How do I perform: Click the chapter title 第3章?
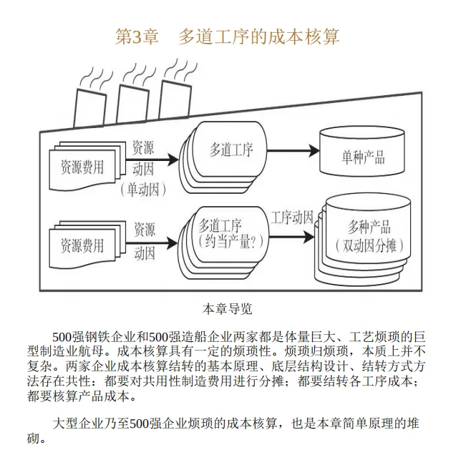tap(137, 36)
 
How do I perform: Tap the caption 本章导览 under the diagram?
tap(227, 309)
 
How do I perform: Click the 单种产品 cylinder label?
tap(363, 157)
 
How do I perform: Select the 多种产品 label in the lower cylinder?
tap(369, 227)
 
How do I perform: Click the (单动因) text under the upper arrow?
tap(143, 190)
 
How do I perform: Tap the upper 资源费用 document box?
tap(82, 167)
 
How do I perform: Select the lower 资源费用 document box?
tap(82, 245)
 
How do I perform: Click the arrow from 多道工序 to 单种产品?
tap(293, 151)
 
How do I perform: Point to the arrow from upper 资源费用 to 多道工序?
tap(152, 160)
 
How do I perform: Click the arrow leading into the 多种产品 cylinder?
tap(291, 237)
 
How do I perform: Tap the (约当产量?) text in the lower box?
tap(231, 241)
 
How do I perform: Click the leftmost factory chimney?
tap(89, 108)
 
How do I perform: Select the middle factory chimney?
tap(132, 104)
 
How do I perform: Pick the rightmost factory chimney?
tap(175, 99)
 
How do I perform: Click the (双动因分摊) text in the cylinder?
tap(369, 245)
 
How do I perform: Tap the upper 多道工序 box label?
tap(231, 150)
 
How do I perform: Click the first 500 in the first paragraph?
tap(62, 337)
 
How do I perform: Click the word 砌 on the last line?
tap(33, 438)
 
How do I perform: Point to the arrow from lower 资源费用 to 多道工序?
tap(152, 243)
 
